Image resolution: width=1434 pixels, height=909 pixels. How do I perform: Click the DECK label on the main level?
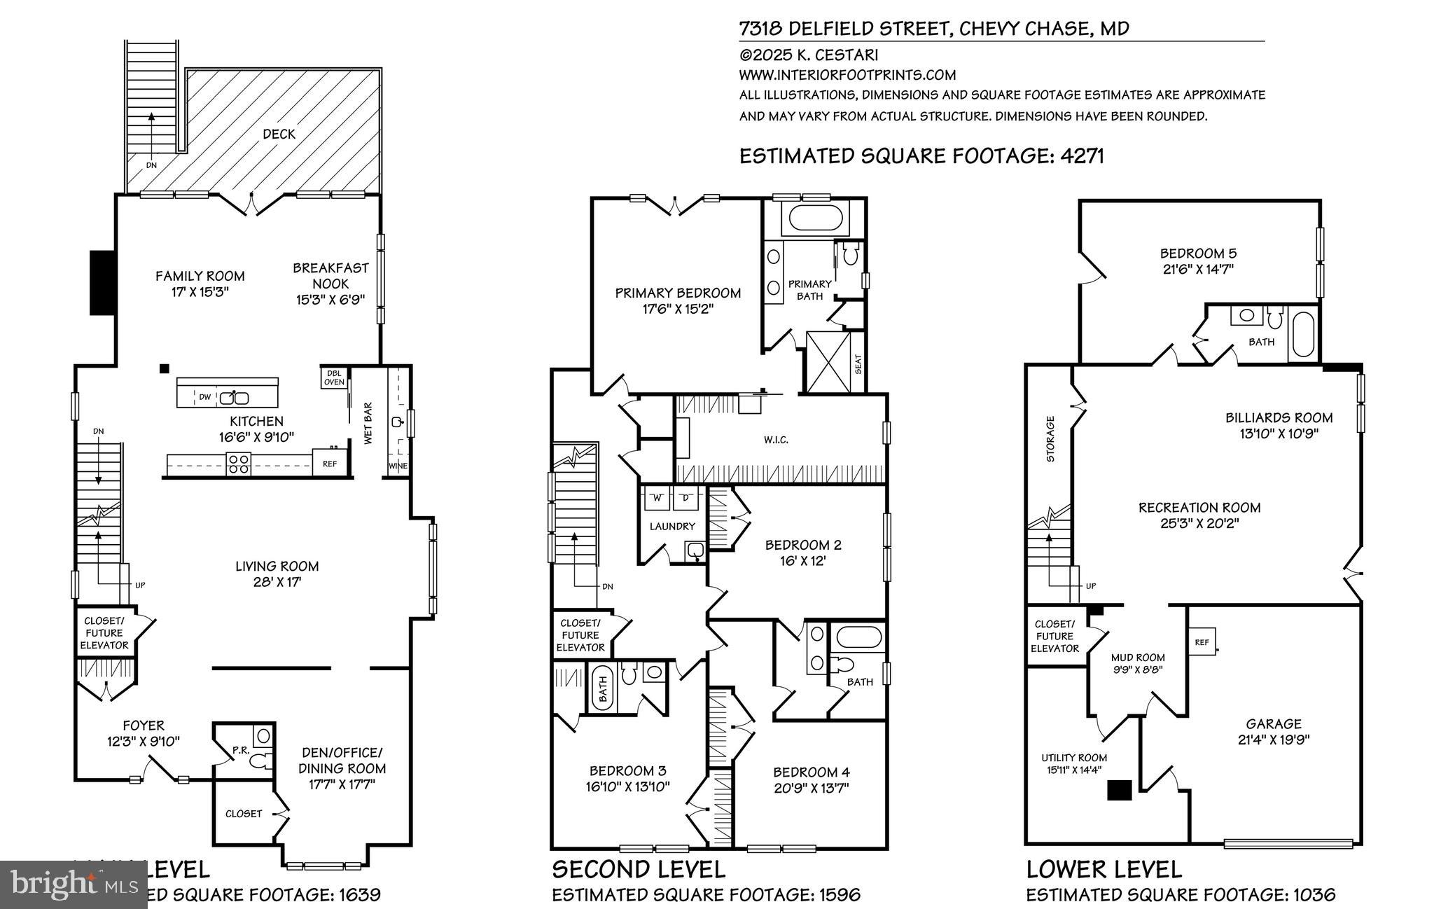(x=279, y=134)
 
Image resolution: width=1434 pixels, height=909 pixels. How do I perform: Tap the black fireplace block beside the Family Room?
(x=102, y=282)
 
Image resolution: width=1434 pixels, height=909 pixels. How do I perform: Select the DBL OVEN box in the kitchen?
(x=334, y=377)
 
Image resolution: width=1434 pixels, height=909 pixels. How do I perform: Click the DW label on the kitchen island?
(x=204, y=397)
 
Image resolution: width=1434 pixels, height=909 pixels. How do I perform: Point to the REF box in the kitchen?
(x=329, y=464)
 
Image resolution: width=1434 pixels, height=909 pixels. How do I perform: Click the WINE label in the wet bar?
(x=397, y=466)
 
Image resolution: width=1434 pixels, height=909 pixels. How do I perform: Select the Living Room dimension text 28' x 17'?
(x=277, y=582)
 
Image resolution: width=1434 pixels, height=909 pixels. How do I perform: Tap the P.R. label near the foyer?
(x=242, y=751)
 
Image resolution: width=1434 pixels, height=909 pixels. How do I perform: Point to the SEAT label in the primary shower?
(x=858, y=363)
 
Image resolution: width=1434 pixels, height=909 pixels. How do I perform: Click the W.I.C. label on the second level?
(x=776, y=440)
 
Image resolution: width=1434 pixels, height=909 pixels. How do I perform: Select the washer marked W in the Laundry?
(x=657, y=498)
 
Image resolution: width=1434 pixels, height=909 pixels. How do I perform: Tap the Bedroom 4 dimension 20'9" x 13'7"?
(x=812, y=788)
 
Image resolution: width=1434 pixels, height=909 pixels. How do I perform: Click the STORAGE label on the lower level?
(x=1050, y=439)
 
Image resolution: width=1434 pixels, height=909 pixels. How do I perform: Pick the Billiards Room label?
(x=1279, y=417)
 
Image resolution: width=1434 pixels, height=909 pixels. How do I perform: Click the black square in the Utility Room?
(x=1119, y=790)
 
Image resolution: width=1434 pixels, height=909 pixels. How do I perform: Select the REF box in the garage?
(x=1202, y=641)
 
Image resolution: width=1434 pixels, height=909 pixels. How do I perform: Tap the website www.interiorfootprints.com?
(x=847, y=75)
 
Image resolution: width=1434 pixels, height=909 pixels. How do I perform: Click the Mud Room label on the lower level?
(x=1138, y=658)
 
